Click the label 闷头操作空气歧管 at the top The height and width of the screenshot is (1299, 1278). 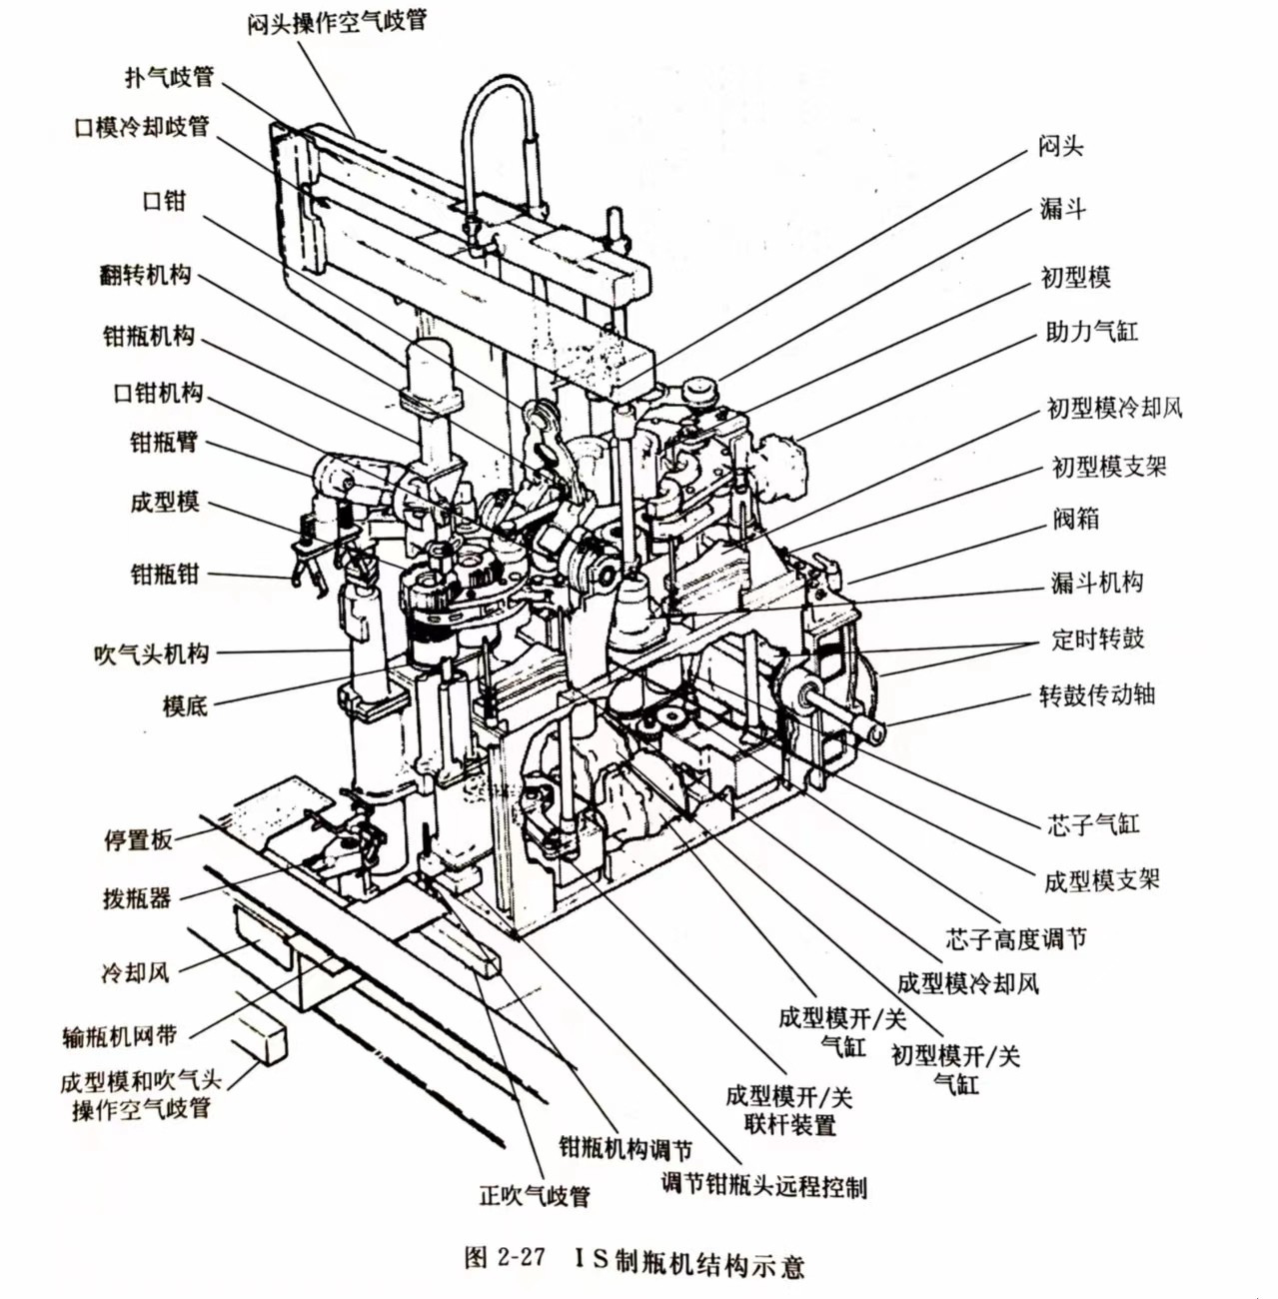click(x=337, y=21)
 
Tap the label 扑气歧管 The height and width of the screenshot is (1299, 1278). click(x=169, y=76)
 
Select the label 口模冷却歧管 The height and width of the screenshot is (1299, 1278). click(x=142, y=127)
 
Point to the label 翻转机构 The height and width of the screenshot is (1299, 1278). click(x=145, y=275)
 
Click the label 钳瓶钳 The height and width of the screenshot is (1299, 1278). click(x=165, y=574)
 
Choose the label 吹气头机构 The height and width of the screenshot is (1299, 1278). click(x=151, y=654)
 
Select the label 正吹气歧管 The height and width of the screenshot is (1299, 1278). click(x=535, y=1195)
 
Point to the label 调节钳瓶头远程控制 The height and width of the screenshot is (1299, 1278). click(x=763, y=1186)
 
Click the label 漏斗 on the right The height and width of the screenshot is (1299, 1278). click(x=1062, y=208)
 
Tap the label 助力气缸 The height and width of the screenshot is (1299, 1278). click(x=1091, y=331)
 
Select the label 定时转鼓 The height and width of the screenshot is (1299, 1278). click(x=1097, y=638)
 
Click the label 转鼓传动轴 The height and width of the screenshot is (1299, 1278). click(x=1096, y=693)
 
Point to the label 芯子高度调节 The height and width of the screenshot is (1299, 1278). click(x=1015, y=938)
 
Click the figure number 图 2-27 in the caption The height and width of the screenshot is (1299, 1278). click(x=504, y=1257)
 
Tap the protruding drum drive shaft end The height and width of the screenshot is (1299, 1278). click(x=871, y=731)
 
